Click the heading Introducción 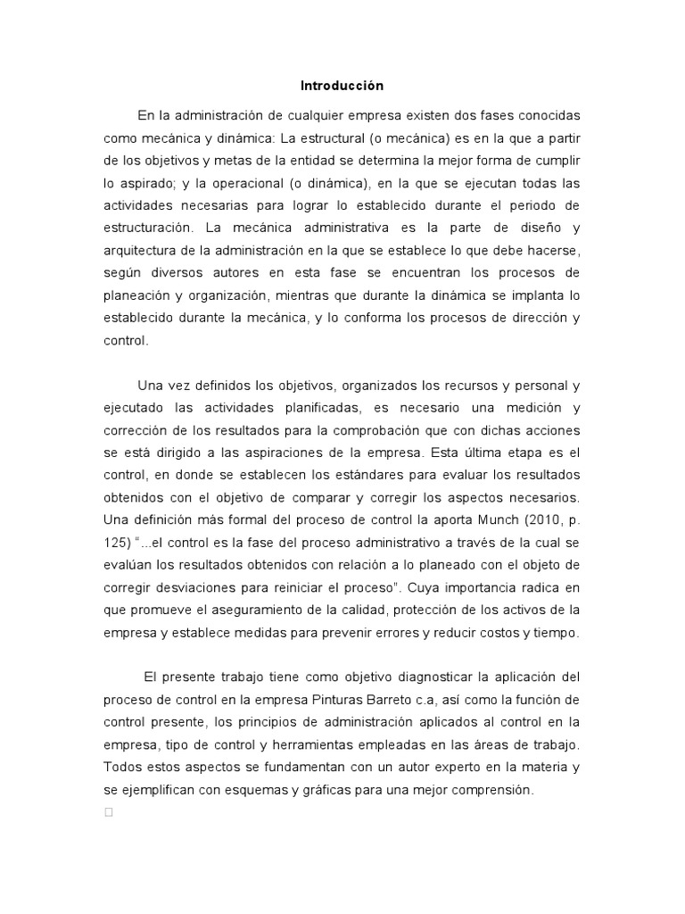(341, 86)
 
